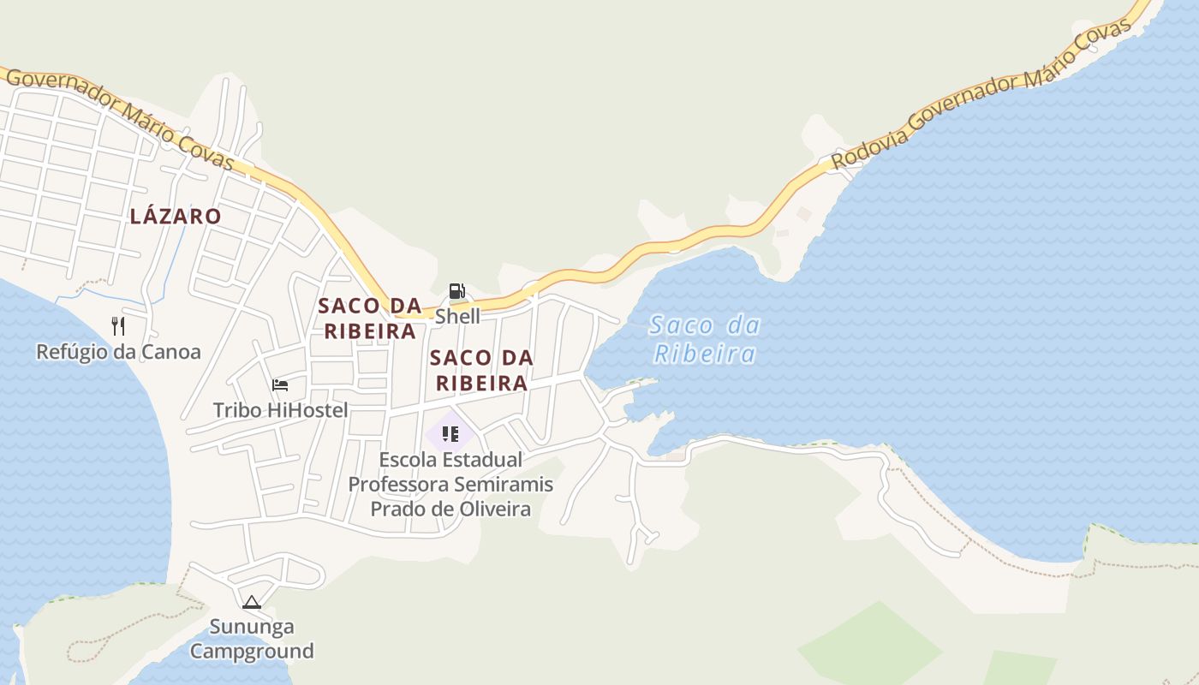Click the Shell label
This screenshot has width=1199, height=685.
[x=457, y=316]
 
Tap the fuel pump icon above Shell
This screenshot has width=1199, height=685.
[x=457, y=291]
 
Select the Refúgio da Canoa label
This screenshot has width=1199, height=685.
[x=118, y=351]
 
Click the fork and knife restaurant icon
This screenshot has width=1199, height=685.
[x=118, y=325]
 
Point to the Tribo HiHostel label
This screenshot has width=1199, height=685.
[x=280, y=410]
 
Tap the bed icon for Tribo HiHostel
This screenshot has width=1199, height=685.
[x=280, y=385]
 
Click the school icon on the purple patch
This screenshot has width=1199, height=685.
[x=450, y=434]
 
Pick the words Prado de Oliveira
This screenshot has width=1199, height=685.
[x=450, y=509]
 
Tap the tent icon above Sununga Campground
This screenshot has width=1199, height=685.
[x=251, y=602]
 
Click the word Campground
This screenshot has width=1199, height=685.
[x=252, y=651]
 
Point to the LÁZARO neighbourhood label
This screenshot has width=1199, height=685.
[x=176, y=217]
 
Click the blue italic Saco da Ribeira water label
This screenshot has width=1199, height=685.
[x=704, y=339]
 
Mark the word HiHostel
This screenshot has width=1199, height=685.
[x=307, y=410]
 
